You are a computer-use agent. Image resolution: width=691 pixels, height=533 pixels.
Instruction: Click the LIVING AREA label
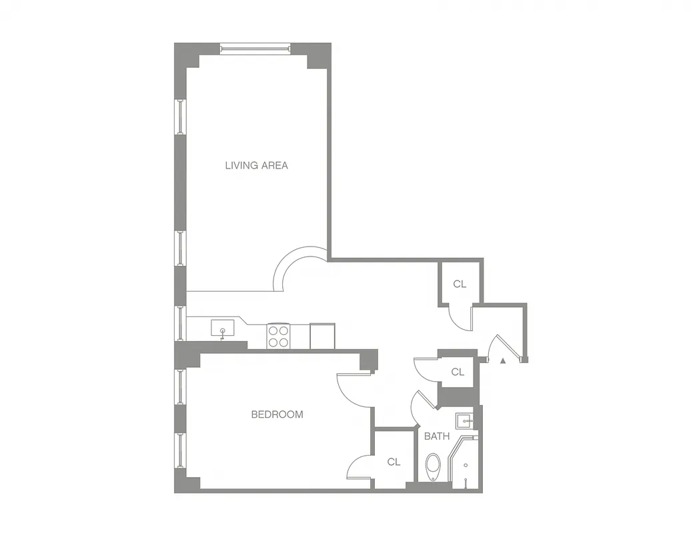pyautogui.click(x=256, y=165)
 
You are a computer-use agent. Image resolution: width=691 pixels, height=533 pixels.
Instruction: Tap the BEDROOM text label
pyautogui.click(x=277, y=414)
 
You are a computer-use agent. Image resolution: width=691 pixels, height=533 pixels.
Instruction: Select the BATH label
pyautogui.click(x=437, y=436)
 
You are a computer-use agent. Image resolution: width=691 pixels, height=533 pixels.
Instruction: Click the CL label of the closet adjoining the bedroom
pyautogui.click(x=394, y=462)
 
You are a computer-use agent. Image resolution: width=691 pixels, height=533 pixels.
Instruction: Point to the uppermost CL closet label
pyautogui.click(x=460, y=284)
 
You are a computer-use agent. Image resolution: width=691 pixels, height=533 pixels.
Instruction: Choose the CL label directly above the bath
pyautogui.click(x=458, y=372)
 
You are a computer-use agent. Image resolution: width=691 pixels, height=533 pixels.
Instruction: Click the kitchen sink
pyautogui.click(x=222, y=328)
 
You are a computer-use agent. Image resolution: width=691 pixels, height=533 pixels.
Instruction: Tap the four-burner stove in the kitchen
pyautogui.click(x=278, y=335)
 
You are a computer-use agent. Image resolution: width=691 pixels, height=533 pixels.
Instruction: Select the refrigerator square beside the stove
pyautogui.click(x=322, y=335)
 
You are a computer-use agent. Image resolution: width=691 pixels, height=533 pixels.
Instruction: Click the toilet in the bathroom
pyautogui.click(x=434, y=466)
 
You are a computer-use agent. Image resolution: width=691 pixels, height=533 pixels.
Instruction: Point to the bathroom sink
pyautogui.click(x=464, y=421)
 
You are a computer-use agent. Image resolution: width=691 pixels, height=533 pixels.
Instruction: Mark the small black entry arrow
pyautogui.click(x=503, y=360)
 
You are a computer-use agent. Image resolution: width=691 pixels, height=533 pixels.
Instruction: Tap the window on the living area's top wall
pyautogui.click(x=255, y=48)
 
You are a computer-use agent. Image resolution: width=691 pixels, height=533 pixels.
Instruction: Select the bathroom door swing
pyautogui.click(x=424, y=406)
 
